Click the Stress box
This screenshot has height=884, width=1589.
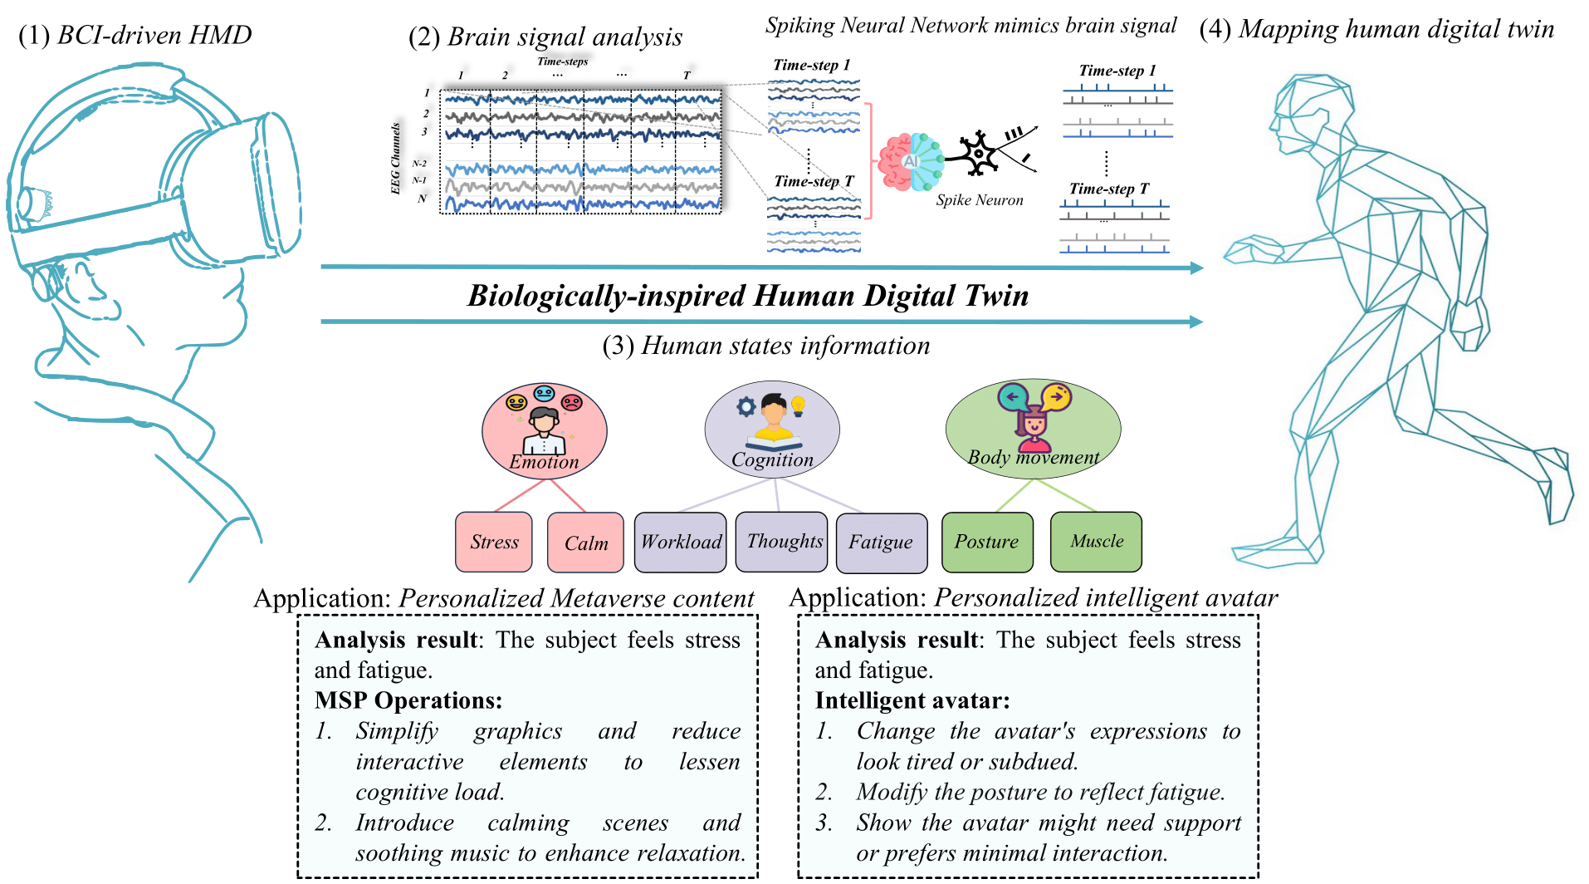(x=494, y=542)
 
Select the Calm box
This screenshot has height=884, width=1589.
(x=585, y=543)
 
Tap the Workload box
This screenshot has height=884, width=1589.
(x=680, y=543)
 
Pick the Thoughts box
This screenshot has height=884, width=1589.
(x=781, y=542)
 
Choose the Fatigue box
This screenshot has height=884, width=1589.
(x=882, y=543)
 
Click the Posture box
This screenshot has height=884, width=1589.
(x=987, y=542)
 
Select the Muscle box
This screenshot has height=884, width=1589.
(x=1096, y=542)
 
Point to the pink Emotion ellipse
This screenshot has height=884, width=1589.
(x=545, y=431)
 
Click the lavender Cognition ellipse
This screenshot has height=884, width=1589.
(x=772, y=430)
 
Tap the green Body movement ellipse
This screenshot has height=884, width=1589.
(x=1033, y=429)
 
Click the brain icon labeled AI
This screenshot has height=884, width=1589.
(x=910, y=161)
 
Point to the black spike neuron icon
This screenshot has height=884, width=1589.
(x=980, y=153)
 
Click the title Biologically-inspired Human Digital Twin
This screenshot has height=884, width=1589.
(x=748, y=296)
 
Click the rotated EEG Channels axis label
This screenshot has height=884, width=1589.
(x=396, y=159)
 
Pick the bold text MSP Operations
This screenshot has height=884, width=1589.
(x=408, y=700)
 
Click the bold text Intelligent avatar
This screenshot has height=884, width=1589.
(x=912, y=700)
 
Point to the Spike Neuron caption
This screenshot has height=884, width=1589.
(x=980, y=200)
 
